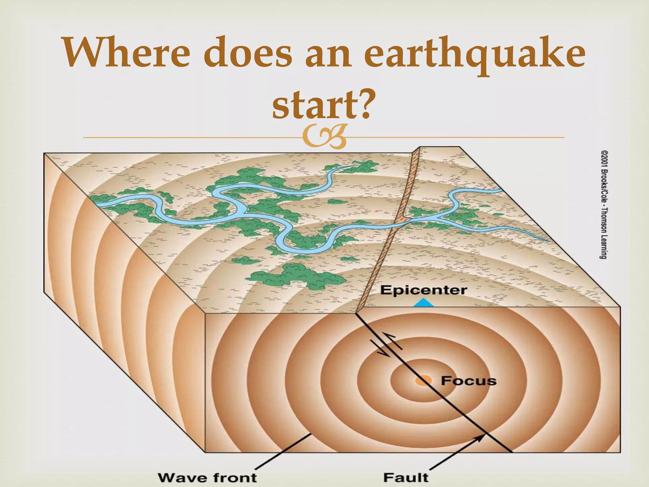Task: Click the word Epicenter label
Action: pyautogui.click(x=423, y=290)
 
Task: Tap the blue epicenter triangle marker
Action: pyautogui.click(x=424, y=303)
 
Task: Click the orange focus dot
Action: pyautogui.click(x=423, y=380)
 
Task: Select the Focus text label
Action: pyautogui.click(x=468, y=380)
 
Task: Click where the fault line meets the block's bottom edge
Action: pyautogui.click(x=511, y=451)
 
